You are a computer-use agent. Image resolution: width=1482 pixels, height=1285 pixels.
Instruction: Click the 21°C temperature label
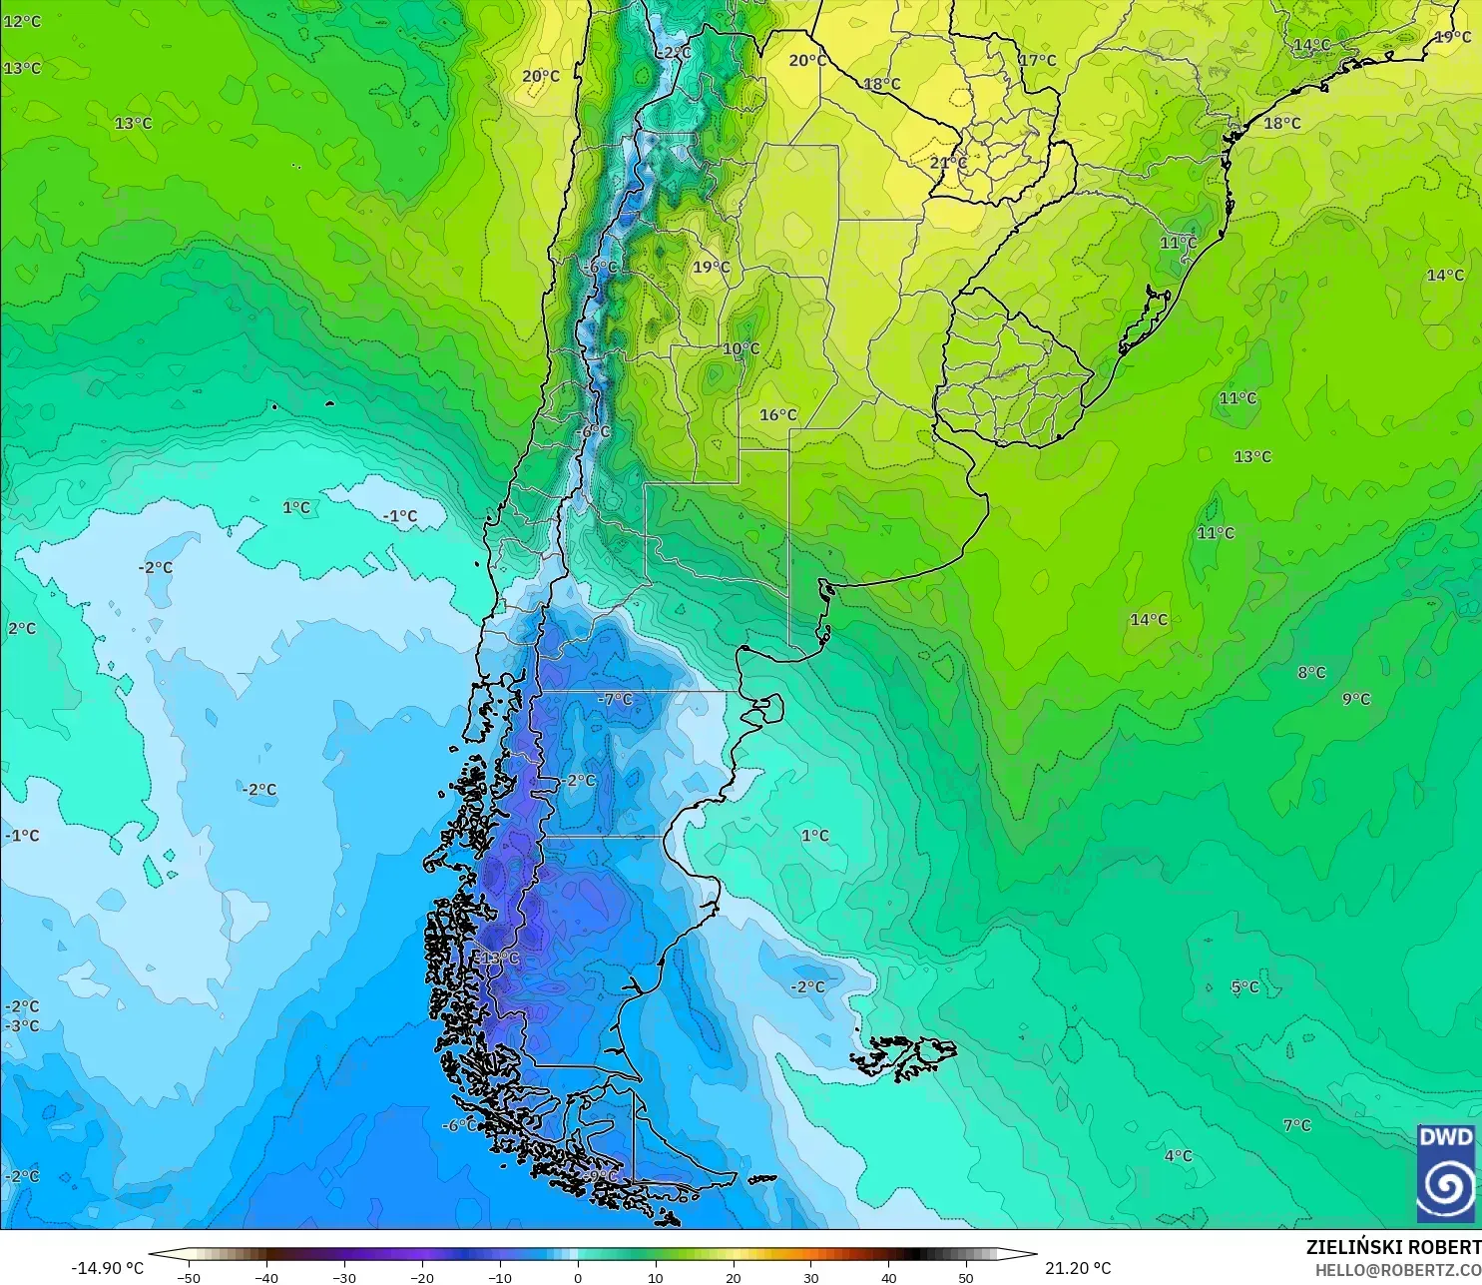948,162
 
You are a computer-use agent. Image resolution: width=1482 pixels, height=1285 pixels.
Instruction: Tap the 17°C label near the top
1037,60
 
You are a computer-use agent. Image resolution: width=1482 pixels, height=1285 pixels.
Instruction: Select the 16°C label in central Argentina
778,414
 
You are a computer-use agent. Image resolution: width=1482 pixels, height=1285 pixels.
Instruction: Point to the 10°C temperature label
741,348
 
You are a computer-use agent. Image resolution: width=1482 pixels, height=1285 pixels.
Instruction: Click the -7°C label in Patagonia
615,699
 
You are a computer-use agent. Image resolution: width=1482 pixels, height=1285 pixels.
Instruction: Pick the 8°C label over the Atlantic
1311,672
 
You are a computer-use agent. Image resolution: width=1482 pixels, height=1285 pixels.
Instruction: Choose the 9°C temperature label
1356,699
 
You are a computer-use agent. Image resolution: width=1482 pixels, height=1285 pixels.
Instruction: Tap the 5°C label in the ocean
1244,986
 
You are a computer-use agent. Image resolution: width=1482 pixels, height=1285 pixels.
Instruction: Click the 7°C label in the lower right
1296,1125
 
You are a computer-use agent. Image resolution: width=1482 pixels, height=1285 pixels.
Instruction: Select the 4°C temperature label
1178,1155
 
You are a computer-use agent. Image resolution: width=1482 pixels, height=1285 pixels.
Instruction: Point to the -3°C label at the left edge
22,1025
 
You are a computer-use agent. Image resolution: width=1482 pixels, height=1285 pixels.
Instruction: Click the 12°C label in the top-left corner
22,21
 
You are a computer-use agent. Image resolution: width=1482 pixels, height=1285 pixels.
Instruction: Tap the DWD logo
1445,1173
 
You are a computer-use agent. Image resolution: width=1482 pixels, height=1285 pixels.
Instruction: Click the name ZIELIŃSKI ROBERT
1393,1247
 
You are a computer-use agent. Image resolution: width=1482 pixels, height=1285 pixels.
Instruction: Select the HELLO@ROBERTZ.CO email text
1397,1270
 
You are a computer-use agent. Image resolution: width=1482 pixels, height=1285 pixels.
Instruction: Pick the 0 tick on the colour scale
577,1277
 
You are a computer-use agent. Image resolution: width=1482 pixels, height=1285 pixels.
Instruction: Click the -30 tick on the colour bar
343,1277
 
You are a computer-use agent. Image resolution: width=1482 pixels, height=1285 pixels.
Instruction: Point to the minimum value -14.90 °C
107,1268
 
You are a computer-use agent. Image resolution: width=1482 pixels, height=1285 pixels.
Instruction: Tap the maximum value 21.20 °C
1078,1268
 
